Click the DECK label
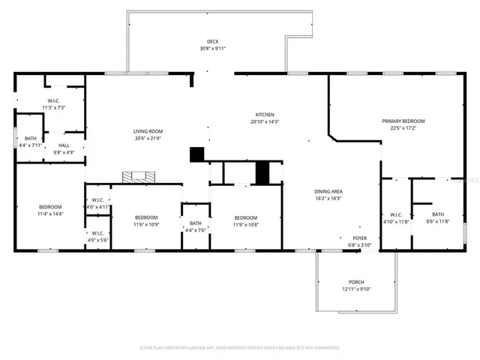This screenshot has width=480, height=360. [213, 41]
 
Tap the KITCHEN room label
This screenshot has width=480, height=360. [263, 114]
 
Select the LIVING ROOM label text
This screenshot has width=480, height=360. [148, 130]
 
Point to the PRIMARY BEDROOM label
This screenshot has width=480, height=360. [403, 121]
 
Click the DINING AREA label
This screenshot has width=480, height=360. [328, 191]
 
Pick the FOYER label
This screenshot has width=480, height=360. [360, 238]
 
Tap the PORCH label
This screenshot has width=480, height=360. [356, 282]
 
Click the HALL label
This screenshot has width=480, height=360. [64, 145]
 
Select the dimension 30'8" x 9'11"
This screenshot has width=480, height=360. [213, 48]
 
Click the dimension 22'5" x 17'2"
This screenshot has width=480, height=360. [403, 127]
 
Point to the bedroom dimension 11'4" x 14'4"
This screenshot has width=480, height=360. [51, 214]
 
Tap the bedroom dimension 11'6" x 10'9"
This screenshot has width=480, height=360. [146, 224]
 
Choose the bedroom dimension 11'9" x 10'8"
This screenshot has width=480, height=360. [245, 224]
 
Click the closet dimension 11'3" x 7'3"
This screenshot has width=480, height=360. [54, 107]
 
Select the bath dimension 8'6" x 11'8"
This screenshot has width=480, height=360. [438, 221]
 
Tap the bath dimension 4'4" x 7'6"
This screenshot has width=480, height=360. [195, 229]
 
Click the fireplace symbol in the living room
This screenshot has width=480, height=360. [139, 177]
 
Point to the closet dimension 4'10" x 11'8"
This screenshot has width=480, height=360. [395, 221]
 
